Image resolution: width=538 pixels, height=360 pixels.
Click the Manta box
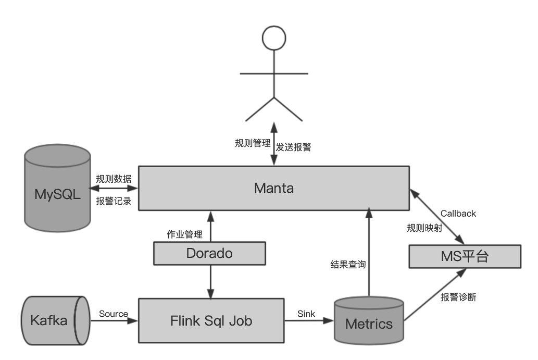[274, 188]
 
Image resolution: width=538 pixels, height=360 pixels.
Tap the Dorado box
[209, 253]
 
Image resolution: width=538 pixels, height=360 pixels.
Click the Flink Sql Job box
[211, 320]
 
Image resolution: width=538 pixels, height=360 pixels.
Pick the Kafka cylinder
[52, 320]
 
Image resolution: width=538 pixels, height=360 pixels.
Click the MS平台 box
[464, 256]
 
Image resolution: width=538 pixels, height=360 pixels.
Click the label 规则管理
[253, 143]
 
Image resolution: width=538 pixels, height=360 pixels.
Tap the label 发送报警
[293, 147]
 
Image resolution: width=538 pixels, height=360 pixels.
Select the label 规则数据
[114, 178]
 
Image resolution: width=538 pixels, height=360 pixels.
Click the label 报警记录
[114, 201]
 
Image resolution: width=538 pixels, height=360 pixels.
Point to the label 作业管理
[184, 234]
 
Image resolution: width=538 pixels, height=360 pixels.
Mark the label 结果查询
[348, 264]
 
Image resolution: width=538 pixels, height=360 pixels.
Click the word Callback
[458, 214]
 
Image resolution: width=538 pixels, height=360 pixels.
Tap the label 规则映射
[424, 228]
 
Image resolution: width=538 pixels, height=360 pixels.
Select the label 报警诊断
[458, 297]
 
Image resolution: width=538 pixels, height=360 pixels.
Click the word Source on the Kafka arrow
[113, 314]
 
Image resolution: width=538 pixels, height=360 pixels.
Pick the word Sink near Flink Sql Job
[306, 314]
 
